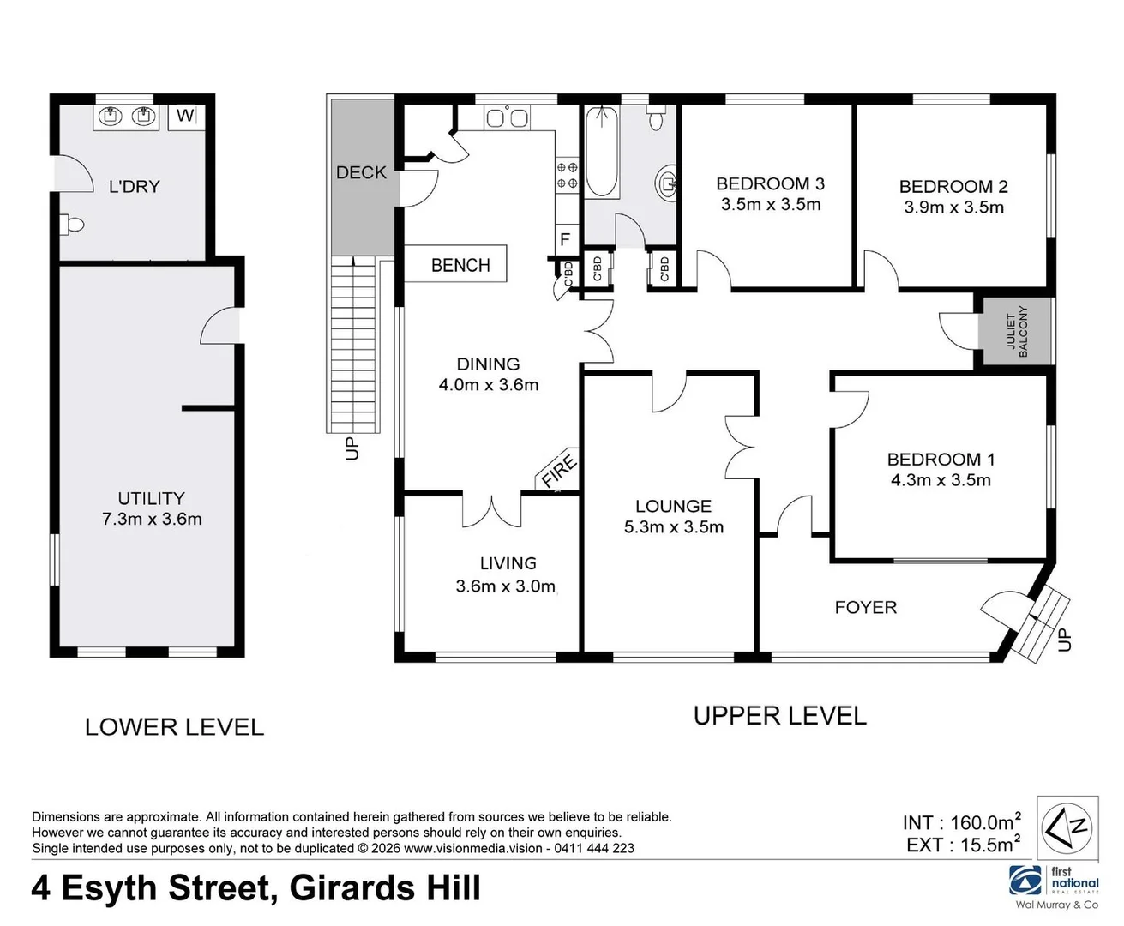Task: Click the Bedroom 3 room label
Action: (x=770, y=183)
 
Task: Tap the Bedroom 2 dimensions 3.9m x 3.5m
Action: (x=953, y=207)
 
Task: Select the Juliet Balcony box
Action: (x=1017, y=331)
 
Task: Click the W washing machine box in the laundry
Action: (x=186, y=115)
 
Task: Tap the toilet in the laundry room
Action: (x=73, y=225)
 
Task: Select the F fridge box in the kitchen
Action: (x=565, y=239)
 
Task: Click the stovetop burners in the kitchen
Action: (x=568, y=175)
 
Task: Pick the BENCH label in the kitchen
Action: (x=460, y=265)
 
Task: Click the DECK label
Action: (x=361, y=172)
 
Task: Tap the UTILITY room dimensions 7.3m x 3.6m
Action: (x=152, y=519)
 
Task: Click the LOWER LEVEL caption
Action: (x=174, y=727)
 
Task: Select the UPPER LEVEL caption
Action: (x=779, y=716)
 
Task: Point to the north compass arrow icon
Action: (x=1067, y=827)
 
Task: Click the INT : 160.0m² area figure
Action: (x=961, y=822)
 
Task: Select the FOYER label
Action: (x=865, y=607)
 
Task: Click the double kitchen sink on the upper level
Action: (x=507, y=117)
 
